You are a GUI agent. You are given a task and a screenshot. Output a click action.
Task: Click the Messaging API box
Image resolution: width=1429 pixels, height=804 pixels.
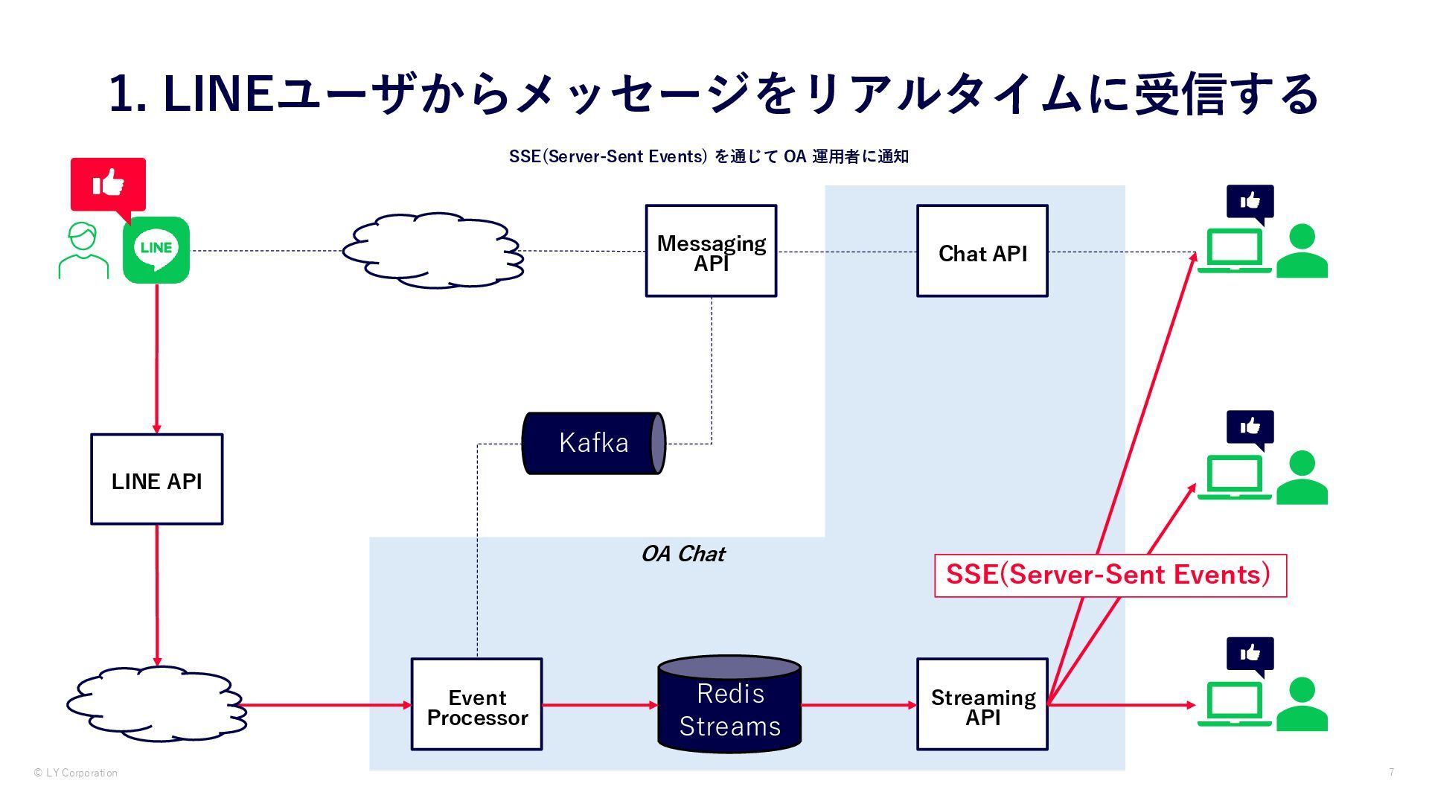click(x=711, y=251)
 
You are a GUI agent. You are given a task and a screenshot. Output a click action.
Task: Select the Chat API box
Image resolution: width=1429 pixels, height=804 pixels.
click(x=982, y=251)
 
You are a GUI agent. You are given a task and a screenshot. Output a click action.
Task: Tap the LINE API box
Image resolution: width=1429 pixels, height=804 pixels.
click(x=156, y=479)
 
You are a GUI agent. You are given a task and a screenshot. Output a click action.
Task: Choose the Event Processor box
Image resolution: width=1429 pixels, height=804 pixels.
click(x=476, y=704)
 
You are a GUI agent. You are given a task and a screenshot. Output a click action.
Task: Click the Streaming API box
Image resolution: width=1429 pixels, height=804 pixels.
click(x=982, y=704)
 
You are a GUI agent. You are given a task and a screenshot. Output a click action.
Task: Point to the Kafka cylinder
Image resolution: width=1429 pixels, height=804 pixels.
click(x=593, y=444)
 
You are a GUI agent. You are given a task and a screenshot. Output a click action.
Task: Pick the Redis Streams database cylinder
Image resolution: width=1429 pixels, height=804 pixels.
click(x=729, y=704)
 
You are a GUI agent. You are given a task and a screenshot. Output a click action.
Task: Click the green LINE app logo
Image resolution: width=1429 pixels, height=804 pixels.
click(x=156, y=249)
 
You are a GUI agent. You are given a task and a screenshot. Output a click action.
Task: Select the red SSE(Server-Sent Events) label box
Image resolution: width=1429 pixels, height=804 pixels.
click(x=1110, y=575)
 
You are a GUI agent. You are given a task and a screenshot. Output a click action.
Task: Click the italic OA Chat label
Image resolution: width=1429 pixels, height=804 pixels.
click(x=682, y=554)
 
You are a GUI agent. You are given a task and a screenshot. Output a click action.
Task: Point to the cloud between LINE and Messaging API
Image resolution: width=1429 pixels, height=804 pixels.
click(x=433, y=251)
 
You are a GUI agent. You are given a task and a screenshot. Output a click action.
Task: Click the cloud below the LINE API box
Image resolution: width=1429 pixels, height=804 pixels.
click(x=156, y=703)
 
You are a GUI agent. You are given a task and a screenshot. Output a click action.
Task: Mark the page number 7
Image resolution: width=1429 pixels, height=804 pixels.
click(x=1391, y=773)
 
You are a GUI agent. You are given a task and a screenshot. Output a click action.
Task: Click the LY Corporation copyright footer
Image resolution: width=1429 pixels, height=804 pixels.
click(x=75, y=773)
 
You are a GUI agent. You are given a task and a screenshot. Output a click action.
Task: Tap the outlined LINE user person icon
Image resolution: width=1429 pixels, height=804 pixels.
click(x=83, y=251)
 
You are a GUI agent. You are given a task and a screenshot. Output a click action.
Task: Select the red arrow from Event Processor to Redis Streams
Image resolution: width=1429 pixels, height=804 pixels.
click(x=600, y=705)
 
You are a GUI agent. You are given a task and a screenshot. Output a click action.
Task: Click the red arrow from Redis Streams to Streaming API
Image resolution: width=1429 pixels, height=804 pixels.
click(x=859, y=705)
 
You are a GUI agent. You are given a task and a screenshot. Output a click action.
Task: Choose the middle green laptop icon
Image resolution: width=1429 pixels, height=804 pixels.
click(x=1234, y=477)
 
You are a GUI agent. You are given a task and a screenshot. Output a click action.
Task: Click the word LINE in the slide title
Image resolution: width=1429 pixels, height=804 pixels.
click(x=218, y=95)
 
